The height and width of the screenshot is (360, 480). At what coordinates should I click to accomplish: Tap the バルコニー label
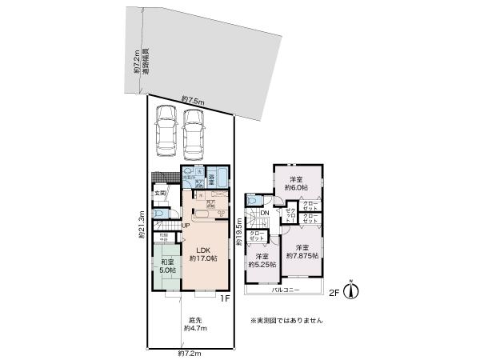(286, 290)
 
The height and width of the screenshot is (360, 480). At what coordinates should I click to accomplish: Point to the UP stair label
(185, 225)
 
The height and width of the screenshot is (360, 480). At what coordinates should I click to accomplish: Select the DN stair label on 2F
(265, 214)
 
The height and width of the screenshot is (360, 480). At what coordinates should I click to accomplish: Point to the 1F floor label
(226, 298)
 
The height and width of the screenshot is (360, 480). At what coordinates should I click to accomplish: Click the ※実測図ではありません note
(286, 320)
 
